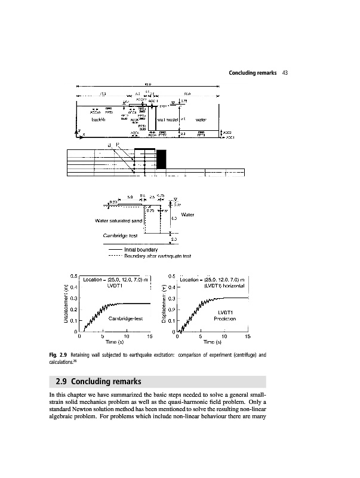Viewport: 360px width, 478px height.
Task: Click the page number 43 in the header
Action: [285, 73]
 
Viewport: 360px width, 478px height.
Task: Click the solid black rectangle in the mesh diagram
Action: [161, 159]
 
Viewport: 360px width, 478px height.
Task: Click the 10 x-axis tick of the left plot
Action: [127, 336]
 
